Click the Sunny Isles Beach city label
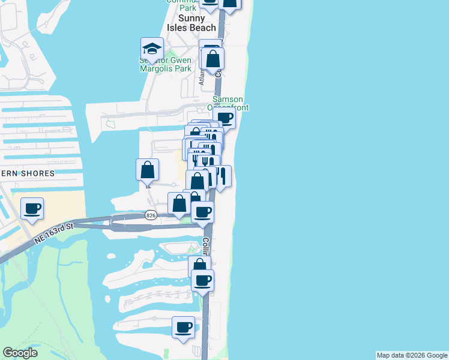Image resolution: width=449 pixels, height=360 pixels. (x=189, y=23)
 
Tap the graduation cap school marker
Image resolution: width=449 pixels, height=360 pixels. (x=152, y=49)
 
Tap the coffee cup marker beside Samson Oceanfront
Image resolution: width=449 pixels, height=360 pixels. (x=224, y=118)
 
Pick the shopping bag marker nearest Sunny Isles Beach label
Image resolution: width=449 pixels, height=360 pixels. (x=212, y=59)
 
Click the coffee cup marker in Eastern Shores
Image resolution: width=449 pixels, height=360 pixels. (x=32, y=209)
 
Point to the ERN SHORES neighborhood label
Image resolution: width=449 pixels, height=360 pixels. (x=28, y=173)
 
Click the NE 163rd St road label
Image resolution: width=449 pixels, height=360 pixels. (x=53, y=232)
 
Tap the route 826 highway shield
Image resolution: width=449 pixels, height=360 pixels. (x=151, y=215)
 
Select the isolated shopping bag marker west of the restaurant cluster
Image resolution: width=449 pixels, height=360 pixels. (x=147, y=170)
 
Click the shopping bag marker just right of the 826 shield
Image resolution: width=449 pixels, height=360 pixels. (x=179, y=204)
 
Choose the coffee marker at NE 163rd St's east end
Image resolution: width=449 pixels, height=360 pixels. (x=203, y=212)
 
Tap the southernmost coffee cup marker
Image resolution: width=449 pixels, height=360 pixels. (x=183, y=328)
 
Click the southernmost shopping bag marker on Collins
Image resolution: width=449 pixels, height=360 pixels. (x=199, y=266)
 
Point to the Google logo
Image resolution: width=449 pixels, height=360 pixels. (x=20, y=353)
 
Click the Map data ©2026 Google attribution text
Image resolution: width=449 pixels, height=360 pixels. (x=412, y=355)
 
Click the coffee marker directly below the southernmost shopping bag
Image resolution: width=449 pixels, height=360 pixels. (x=203, y=281)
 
